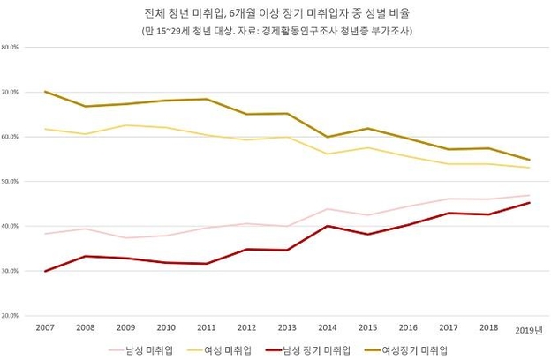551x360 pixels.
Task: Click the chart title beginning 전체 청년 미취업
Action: pyautogui.click(x=277, y=13)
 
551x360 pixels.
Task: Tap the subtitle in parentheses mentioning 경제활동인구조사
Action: pyautogui.click(x=277, y=31)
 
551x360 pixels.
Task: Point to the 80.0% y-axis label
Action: pyautogui.click(x=10, y=47)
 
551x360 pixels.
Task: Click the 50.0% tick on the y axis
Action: pyautogui.click(x=10, y=181)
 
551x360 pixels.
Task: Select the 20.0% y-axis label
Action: pyautogui.click(x=10, y=315)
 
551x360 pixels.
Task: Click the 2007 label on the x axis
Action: pyautogui.click(x=45, y=327)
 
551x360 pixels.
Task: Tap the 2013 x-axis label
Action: pyautogui.click(x=287, y=327)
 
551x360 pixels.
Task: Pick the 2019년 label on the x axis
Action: pyautogui.click(x=529, y=330)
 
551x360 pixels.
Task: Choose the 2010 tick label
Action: pyautogui.click(x=166, y=327)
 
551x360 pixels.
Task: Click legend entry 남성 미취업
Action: pyautogui.click(x=140, y=350)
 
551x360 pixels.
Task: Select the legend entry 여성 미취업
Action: pyautogui.click(x=219, y=350)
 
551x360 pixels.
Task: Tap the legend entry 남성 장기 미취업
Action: pyautogui.click(x=308, y=350)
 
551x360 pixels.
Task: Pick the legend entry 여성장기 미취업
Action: pyautogui.click(x=406, y=350)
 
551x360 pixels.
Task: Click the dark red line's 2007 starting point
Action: pyautogui.click(x=45, y=271)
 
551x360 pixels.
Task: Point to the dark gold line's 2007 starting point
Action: pyautogui.click(x=45, y=92)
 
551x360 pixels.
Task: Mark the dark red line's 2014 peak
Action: pyautogui.click(x=328, y=226)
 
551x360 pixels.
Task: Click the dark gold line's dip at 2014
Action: pyautogui.click(x=328, y=137)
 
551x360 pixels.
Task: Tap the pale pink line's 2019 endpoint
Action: pyautogui.click(x=529, y=195)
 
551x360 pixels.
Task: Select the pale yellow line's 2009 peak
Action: pyautogui.click(x=125, y=125)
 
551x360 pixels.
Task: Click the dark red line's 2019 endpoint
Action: pyautogui.click(x=529, y=203)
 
